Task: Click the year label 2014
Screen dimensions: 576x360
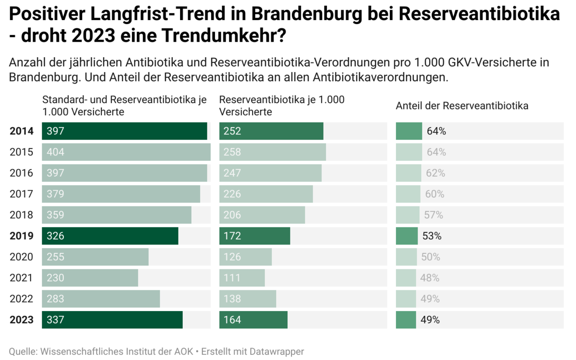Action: click(22, 131)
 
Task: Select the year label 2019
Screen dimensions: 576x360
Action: click(22, 236)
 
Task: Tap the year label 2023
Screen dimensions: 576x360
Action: click(22, 320)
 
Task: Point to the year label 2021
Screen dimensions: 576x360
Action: click(21, 278)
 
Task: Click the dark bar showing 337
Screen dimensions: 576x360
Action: click(112, 320)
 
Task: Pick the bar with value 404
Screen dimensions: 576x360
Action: click(126, 152)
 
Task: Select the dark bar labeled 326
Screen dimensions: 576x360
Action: click(110, 236)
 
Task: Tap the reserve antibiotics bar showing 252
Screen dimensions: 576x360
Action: click(271, 131)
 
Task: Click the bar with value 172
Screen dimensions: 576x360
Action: click(254, 236)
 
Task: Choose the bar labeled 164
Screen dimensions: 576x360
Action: click(253, 320)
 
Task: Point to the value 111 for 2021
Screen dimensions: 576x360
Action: click(232, 278)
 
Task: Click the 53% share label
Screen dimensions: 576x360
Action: click(432, 236)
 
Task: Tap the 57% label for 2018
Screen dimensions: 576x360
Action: click(433, 215)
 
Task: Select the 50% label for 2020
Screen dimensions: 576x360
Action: click(431, 257)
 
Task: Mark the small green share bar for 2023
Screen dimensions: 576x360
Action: click(406, 320)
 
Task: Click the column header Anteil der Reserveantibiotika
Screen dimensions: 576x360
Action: click(462, 106)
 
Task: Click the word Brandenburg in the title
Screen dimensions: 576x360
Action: click(307, 14)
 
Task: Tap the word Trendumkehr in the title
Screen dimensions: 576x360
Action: click(221, 35)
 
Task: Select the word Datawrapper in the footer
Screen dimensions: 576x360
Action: click(276, 351)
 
